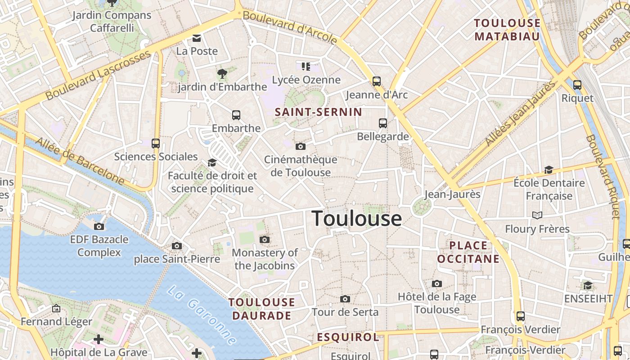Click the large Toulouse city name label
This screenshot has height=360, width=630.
click(x=357, y=219)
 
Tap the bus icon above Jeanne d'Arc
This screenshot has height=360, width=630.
click(x=377, y=81)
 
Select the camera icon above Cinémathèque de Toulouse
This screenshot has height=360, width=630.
click(x=301, y=146)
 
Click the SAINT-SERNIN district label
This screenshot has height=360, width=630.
click(x=318, y=112)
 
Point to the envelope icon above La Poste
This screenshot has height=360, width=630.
click(x=197, y=38)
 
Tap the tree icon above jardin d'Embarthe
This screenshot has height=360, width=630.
click(x=222, y=73)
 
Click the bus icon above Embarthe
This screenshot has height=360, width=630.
click(x=236, y=115)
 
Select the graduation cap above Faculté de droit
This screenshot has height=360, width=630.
click(x=212, y=162)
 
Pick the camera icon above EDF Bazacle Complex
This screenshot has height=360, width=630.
click(x=99, y=226)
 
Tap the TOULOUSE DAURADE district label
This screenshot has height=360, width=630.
click(x=262, y=309)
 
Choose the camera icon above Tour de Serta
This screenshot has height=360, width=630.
click(x=345, y=299)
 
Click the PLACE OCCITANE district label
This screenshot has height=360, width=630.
click(x=468, y=252)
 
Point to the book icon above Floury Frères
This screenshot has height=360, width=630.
click(x=537, y=216)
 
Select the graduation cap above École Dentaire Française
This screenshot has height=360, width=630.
click(x=549, y=170)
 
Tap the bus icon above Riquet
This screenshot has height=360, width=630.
click(x=577, y=85)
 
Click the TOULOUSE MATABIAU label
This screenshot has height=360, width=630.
click(x=507, y=30)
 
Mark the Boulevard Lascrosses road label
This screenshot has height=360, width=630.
click(x=98, y=75)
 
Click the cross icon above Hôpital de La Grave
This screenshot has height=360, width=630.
click(x=99, y=339)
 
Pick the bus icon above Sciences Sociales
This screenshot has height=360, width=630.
click(x=156, y=144)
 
